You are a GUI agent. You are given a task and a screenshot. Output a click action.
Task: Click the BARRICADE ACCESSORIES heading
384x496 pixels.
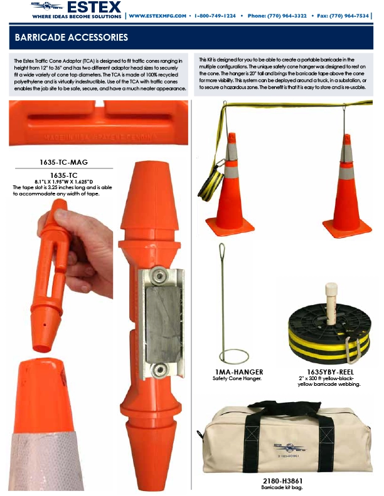(72, 38)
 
